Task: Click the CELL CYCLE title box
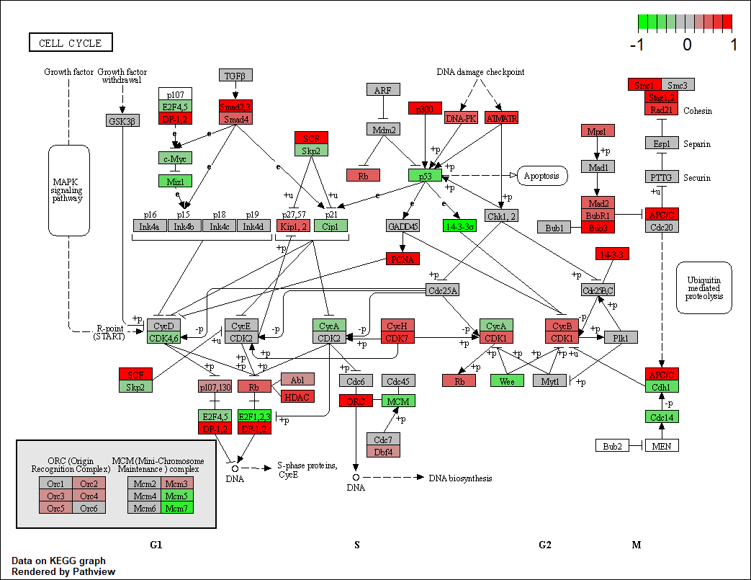click(x=71, y=43)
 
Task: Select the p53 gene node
click(x=425, y=175)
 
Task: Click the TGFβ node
click(x=235, y=75)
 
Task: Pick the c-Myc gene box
click(x=175, y=158)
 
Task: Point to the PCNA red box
click(x=403, y=259)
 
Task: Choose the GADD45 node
click(x=403, y=226)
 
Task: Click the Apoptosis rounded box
click(x=542, y=175)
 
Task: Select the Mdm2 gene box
click(x=383, y=129)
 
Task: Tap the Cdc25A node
click(x=444, y=290)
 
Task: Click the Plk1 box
click(x=621, y=337)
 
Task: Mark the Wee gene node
click(x=507, y=380)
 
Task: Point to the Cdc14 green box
click(x=662, y=416)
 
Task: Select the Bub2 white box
click(x=613, y=446)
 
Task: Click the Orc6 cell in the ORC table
click(x=90, y=507)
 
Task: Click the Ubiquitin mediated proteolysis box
click(x=703, y=287)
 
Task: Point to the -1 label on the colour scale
click(x=637, y=45)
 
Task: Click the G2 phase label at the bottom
click(x=545, y=545)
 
